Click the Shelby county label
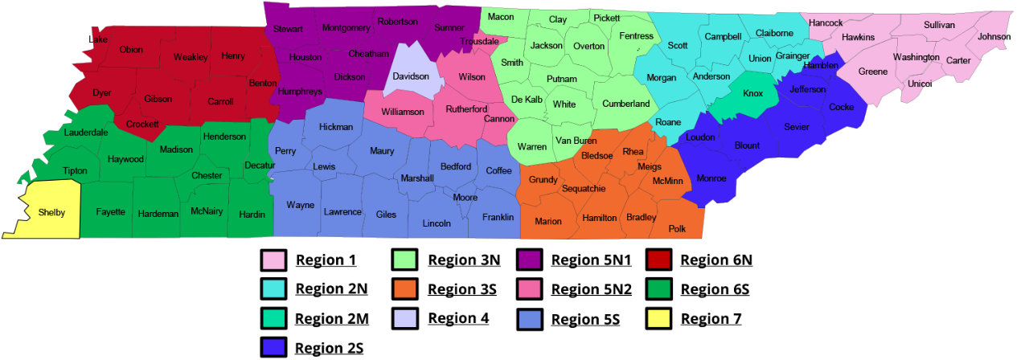(x=51, y=213)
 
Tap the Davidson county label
(x=411, y=77)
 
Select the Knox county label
(x=752, y=94)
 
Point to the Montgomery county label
(x=346, y=28)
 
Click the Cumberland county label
(x=626, y=104)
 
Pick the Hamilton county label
(x=600, y=218)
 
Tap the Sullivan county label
(x=939, y=25)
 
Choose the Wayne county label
(x=301, y=206)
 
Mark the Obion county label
(x=131, y=50)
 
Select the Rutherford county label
(x=467, y=109)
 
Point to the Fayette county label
(x=110, y=212)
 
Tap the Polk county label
(x=677, y=229)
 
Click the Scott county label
(x=678, y=46)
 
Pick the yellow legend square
(x=658, y=318)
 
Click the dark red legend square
(x=658, y=260)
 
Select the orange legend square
(x=404, y=288)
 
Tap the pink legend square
(x=529, y=288)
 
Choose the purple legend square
(x=529, y=260)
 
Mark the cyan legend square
(x=273, y=288)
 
